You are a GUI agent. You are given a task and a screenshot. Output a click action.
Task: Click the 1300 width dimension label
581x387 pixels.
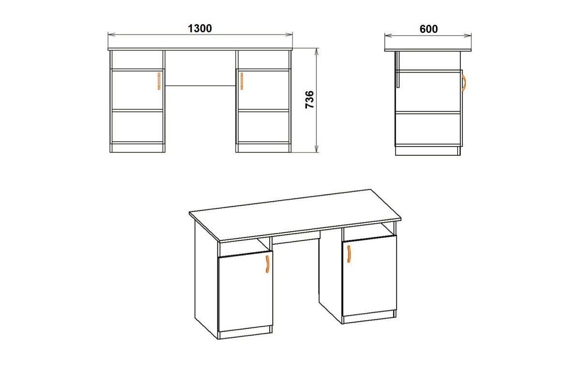point(199,29)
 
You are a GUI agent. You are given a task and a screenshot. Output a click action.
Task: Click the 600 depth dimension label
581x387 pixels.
point(429,29)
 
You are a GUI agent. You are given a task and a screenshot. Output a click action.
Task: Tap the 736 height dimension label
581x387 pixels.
point(310,100)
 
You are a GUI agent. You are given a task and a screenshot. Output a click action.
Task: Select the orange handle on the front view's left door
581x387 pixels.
point(159,81)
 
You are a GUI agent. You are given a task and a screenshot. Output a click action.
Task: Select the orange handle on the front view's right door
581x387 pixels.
point(242,81)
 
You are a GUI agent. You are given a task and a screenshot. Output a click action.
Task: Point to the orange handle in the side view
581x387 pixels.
point(464,83)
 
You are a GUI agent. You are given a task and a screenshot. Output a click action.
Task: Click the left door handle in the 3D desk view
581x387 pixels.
point(267,264)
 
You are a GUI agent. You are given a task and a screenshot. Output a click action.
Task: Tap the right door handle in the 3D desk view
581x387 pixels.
point(349,254)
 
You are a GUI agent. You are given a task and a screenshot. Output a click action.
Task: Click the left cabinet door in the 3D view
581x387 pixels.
point(245,291)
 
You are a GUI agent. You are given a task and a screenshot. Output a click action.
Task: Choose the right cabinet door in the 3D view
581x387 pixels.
point(369,276)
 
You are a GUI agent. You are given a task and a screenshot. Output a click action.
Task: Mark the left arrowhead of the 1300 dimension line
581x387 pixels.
point(111,34)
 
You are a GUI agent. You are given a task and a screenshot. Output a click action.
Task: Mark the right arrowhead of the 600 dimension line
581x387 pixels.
point(468,35)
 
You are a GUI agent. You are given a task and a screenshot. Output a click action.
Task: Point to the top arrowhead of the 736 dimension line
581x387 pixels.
point(316,52)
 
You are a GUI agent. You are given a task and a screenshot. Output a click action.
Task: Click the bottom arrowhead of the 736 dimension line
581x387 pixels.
point(316,149)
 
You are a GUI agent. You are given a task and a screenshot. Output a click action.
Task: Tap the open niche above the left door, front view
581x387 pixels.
point(138,60)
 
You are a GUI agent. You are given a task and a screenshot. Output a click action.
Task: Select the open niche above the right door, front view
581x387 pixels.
point(263,60)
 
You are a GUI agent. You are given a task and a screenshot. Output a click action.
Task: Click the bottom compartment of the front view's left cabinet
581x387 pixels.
point(138,127)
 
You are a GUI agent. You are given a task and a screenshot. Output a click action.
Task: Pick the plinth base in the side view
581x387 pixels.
point(428,151)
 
